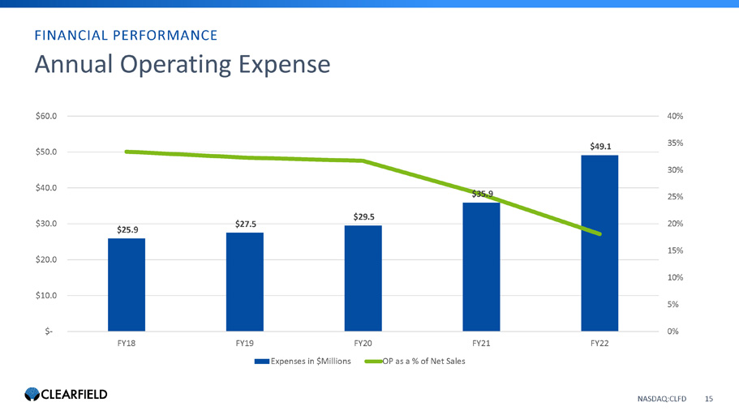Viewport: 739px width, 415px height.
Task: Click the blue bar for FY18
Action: click(x=127, y=285)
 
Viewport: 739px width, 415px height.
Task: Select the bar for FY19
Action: click(x=245, y=282)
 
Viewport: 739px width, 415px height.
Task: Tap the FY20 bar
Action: click(x=363, y=278)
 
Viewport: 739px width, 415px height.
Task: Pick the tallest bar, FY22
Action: click(x=599, y=243)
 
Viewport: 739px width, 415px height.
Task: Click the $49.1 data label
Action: click(x=600, y=146)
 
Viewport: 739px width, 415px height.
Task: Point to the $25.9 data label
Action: click(x=127, y=229)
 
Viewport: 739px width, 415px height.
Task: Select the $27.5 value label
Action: click(x=245, y=224)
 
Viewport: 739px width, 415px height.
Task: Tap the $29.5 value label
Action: click(x=363, y=216)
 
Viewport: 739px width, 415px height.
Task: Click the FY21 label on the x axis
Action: click(x=481, y=343)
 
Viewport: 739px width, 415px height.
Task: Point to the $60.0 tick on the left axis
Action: click(x=46, y=116)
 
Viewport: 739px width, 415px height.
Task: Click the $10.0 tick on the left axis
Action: click(x=46, y=295)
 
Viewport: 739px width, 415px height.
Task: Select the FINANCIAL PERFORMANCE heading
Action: click(x=125, y=35)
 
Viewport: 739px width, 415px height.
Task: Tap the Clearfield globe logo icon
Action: click(x=32, y=395)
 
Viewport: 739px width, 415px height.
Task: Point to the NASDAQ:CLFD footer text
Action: click(x=661, y=399)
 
